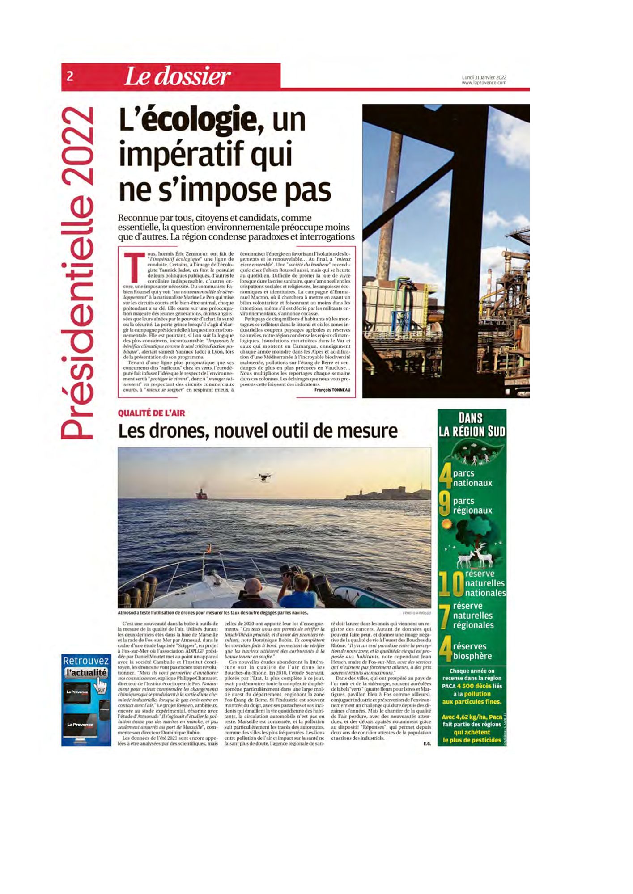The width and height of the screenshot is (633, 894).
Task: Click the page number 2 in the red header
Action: coord(70,76)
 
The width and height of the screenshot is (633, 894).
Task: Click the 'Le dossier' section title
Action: coord(177,77)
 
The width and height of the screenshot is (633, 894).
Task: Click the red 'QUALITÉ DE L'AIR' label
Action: coord(151,413)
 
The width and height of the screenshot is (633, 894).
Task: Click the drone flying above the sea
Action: coord(263,478)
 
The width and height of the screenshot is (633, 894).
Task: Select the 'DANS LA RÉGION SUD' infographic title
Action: coord(472,425)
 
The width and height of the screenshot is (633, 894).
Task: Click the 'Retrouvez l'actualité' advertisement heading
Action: coord(86,666)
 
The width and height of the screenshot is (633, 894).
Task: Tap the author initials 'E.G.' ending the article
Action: coord(426,744)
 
